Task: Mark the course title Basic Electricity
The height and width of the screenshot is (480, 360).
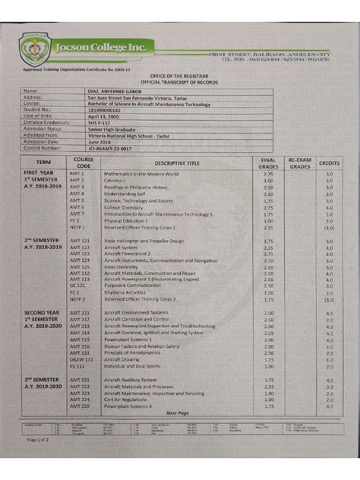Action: pyautogui.click(x=121, y=267)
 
